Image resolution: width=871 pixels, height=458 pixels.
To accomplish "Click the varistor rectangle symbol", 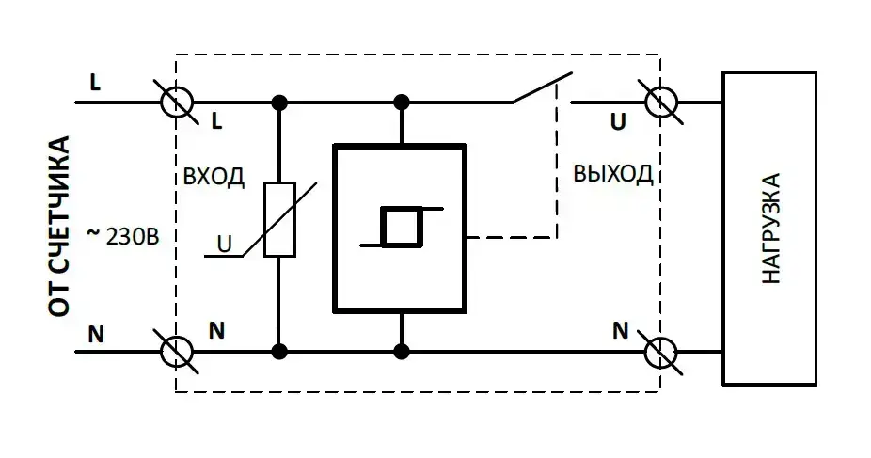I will (x=279, y=220).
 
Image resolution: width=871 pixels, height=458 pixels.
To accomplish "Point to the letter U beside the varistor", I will (x=224, y=244).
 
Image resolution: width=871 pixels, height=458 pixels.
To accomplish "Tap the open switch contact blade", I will (x=542, y=87).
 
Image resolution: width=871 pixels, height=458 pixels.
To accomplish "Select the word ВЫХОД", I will (x=612, y=176).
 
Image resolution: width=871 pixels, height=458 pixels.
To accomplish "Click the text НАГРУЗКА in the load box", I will (x=770, y=229).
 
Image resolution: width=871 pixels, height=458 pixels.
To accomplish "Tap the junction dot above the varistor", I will (x=279, y=102).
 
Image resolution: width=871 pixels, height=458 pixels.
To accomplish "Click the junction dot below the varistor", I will (x=279, y=352).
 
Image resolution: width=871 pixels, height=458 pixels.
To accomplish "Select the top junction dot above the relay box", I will (x=402, y=102).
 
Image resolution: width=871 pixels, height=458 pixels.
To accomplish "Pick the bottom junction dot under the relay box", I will (x=402, y=352).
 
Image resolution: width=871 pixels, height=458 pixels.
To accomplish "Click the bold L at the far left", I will (x=95, y=82).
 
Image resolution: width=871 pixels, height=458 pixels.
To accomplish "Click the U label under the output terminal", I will (x=617, y=122).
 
